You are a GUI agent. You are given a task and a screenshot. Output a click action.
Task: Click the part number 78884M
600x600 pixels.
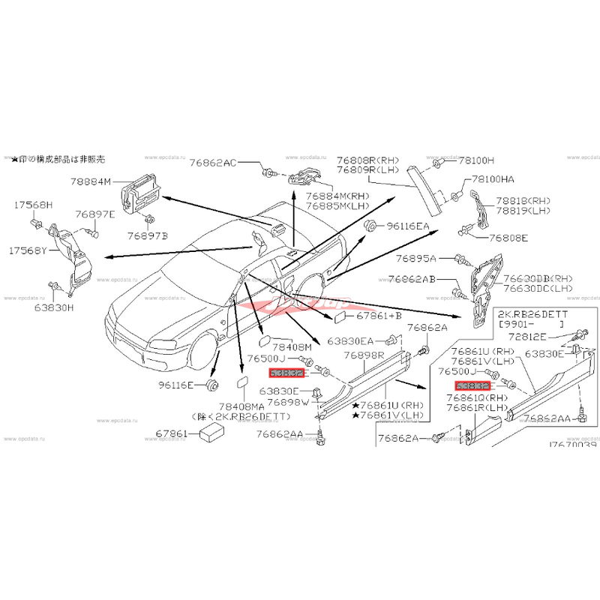point(91,181)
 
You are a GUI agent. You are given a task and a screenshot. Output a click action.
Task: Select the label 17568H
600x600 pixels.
point(33,204)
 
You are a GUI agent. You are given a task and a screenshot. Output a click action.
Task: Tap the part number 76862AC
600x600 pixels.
point(212,161)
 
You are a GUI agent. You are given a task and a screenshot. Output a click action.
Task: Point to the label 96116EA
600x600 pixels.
point(408,225)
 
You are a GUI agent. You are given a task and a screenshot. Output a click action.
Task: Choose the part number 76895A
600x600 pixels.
point(412,258)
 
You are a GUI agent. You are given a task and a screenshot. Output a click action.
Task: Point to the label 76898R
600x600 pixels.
point(364,355)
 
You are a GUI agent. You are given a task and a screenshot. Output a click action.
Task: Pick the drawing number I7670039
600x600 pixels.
point(572,445)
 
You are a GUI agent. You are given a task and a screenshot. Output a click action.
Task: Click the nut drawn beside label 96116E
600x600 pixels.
point(211,385)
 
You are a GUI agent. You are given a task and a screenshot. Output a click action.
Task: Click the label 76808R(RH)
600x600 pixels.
point(367,160)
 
